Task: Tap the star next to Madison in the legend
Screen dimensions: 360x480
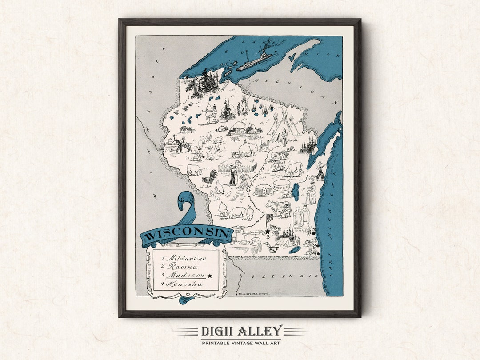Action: pos(209,276)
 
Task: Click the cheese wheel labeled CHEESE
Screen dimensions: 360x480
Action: pos(281,186)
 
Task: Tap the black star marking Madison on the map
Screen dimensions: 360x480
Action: pos(268,231)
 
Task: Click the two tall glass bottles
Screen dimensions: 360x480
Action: pos(301,216)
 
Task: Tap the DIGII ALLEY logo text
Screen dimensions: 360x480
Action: pos(240,331)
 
